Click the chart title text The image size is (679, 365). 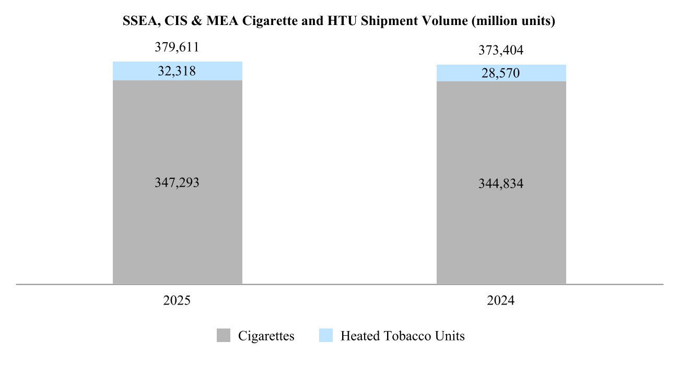[338, 21]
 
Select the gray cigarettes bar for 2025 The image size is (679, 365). [178, 235]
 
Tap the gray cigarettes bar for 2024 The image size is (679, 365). [501, 235]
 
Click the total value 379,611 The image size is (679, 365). [177, 48]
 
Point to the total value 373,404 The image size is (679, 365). [501, 51]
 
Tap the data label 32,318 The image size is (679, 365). [177, 71]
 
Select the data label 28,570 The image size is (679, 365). [501, 74]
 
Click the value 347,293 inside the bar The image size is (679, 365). [177, 183]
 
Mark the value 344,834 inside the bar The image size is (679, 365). [501, 184]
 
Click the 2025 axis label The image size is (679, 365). [177, 301]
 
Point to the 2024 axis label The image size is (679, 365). [501, 301]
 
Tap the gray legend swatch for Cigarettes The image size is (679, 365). [223, 336]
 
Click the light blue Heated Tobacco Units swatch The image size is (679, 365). [325, 336]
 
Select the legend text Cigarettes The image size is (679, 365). [266, 336]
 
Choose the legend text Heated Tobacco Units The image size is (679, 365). [402, 336]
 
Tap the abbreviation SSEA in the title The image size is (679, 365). [137, 21]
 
